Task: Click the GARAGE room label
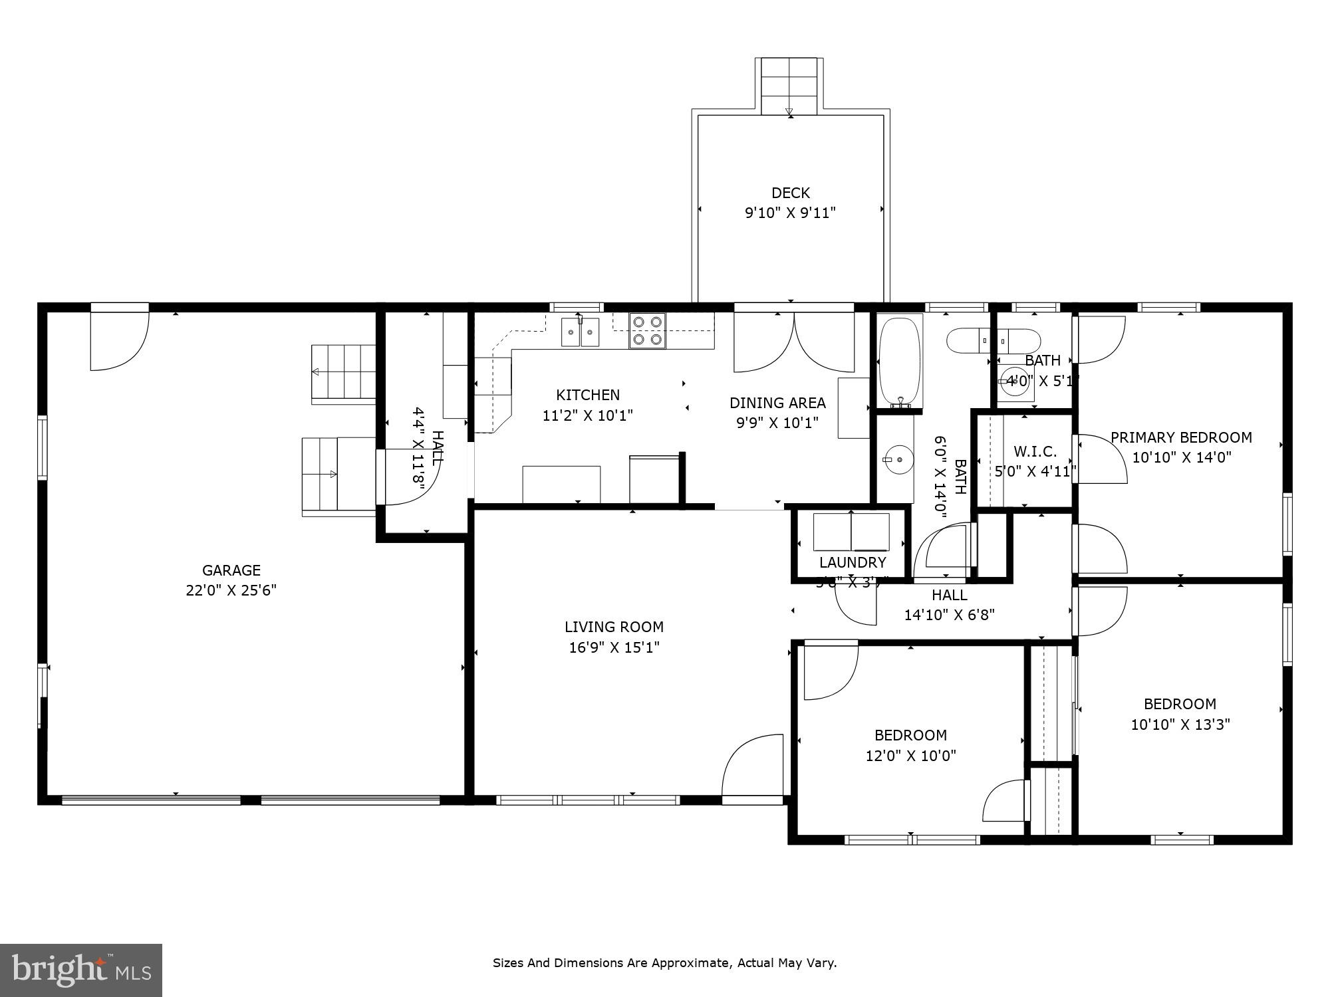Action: (x=231, y=570)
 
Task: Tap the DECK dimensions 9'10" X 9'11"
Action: (x=789, y=213)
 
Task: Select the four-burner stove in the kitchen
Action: (x=647, y=331)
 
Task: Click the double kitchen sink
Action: (x=580, y=332)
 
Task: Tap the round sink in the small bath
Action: (x=1015, y=382)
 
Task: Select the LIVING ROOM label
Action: (x=614, y=627)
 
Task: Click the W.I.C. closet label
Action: (x=1035, y=452)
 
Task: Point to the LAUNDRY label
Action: (x=852, y=562)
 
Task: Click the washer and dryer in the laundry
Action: (x=851, y=532)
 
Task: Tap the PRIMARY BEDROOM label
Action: (x=1181, y=437)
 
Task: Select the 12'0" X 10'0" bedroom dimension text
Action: (x=910, y=756)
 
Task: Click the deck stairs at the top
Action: (x=789, y=86)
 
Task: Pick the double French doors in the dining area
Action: (x=794, y=342)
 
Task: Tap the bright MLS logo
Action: (x=80, y=970)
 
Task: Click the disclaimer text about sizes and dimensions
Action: (x=664, y=962)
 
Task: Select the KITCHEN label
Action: (x=588, y=395)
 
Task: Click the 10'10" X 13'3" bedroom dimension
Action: (x=1180, y=724)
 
